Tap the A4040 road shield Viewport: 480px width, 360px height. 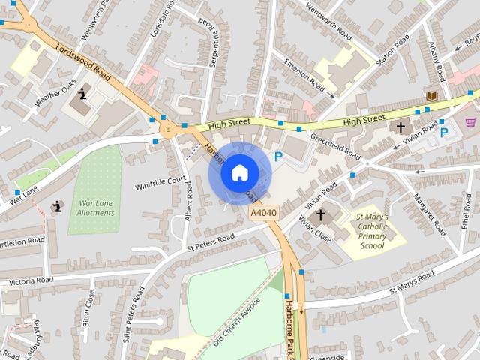tap(263, 214)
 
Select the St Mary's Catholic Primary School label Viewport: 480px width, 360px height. tap(372, 230)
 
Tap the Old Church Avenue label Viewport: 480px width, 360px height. tap(236, 320)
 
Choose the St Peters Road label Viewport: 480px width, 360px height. tap(211, 241)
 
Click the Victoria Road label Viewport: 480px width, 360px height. tap(31, 280)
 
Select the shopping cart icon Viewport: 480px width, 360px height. tap(471, 122)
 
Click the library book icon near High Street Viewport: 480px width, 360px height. tap(432, 96)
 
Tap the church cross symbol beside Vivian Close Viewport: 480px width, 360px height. tap(321, 215)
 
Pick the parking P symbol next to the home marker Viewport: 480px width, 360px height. tap(279, 157)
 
